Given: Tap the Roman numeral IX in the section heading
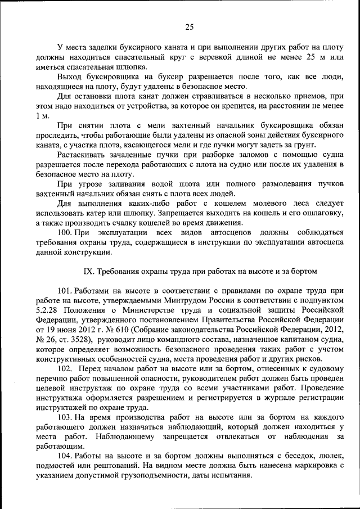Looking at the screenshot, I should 88,271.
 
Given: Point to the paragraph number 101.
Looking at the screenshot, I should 66,290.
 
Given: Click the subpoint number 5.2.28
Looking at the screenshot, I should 48,309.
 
